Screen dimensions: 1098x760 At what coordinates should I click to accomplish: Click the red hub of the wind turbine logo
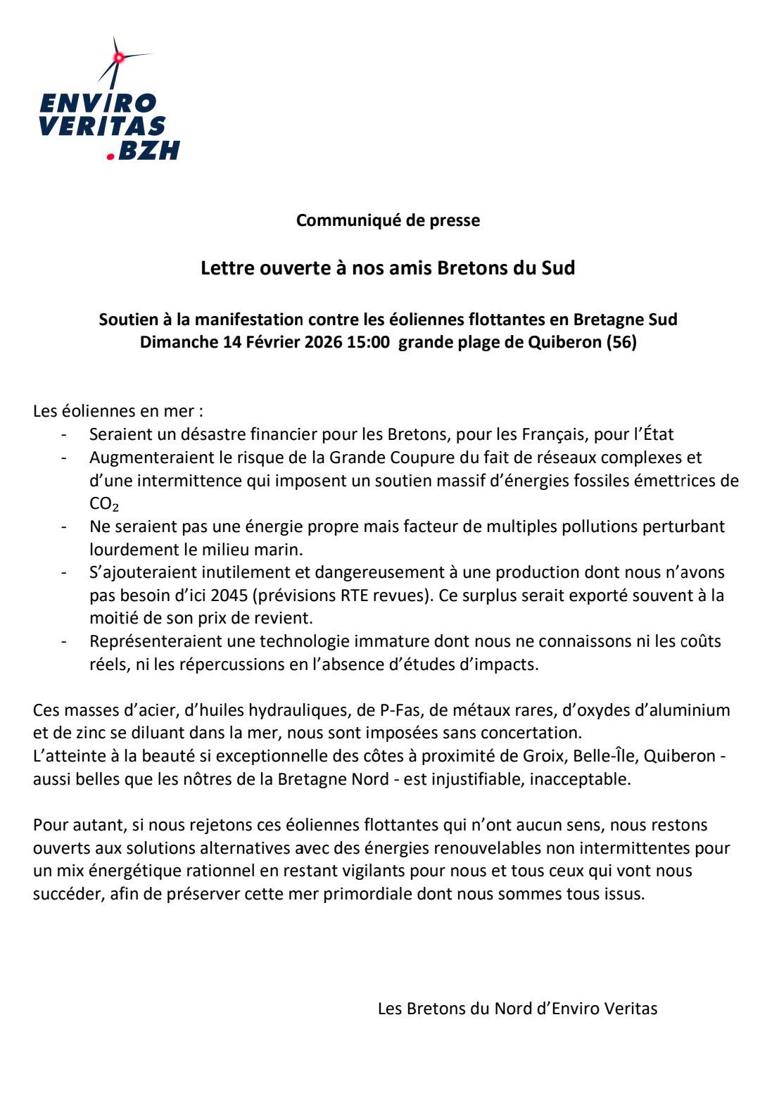point(119,57)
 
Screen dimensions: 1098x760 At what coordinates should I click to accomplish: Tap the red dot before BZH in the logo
point(110,156)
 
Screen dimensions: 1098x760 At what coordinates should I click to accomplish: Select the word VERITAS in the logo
point(102,127)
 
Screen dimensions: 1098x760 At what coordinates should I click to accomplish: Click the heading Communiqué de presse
point(388,220)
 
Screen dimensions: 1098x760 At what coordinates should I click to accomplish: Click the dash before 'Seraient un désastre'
point(65,435)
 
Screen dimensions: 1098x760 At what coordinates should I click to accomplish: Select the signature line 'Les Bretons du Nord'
point(517,1009)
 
